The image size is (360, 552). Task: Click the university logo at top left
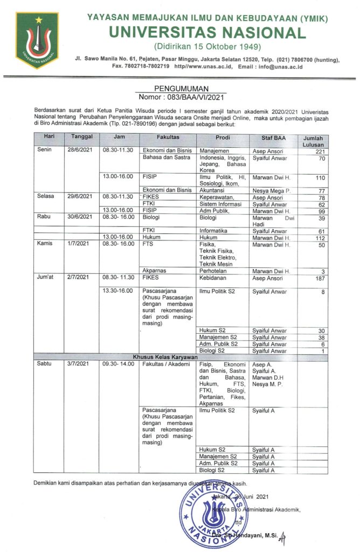point(37,39)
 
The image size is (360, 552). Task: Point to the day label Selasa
point(46,197)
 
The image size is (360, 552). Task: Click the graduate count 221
point(320,151)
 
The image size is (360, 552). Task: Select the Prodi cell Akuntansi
point(213,190)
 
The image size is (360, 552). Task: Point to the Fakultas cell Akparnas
point(154,270)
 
